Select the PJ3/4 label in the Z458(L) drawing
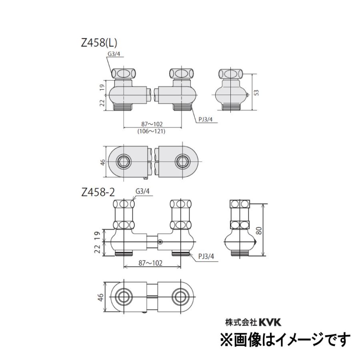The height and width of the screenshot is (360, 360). click(x=207, y=118)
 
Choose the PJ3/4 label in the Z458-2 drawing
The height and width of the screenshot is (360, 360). click(x=207, y=256)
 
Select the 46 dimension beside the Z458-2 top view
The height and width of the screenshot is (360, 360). click(x=102, y=297)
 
